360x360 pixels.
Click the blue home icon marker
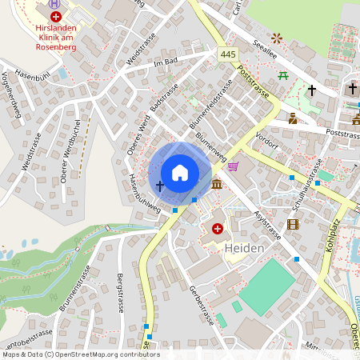(180, 172)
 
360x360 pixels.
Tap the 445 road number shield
(227, 53)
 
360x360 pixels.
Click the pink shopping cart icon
(233, 166)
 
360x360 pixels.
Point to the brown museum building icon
(218, 185)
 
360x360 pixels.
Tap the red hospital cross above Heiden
(218, 229)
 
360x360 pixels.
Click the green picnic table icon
(283, 76)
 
